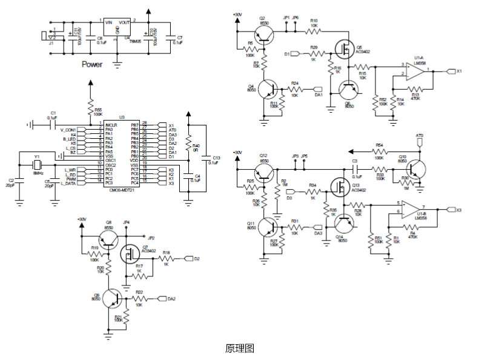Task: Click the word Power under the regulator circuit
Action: point(92,65)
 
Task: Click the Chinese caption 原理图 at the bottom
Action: point(239,348)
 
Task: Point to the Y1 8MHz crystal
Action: point(36,164)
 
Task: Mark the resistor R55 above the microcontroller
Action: point(90,107)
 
